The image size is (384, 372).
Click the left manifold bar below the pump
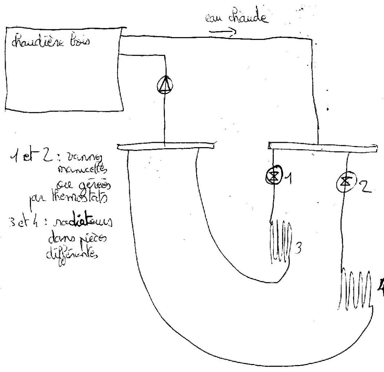pos(166,146)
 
